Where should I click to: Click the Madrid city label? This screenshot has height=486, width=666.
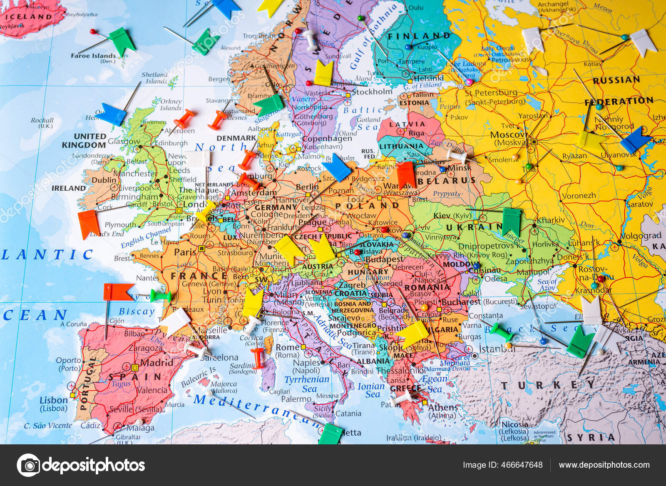click(x=157, y=362)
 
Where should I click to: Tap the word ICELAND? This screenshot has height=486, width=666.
click(x=28, y=17)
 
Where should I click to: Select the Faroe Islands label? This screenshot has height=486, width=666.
click(x=93, y=55)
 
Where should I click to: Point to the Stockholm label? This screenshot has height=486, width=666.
click(x=372, y=92)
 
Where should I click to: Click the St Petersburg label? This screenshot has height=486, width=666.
click(x=491, y=92)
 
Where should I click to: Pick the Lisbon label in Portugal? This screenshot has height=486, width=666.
click(x=53, y=400)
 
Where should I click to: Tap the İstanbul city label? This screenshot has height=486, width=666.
click(x=497, y=349)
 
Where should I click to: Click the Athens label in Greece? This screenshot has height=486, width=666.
click(x=443, y=407)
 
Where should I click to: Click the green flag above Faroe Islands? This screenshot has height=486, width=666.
click(x=122, y=41)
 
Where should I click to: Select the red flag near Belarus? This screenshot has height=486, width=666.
click(x=406, y=174)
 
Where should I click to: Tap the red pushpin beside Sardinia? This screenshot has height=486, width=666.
click(x=258, y=356)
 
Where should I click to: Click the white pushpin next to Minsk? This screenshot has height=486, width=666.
click(x=457, y=156)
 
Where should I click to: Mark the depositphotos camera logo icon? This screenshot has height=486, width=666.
click(x=28, y=465)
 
